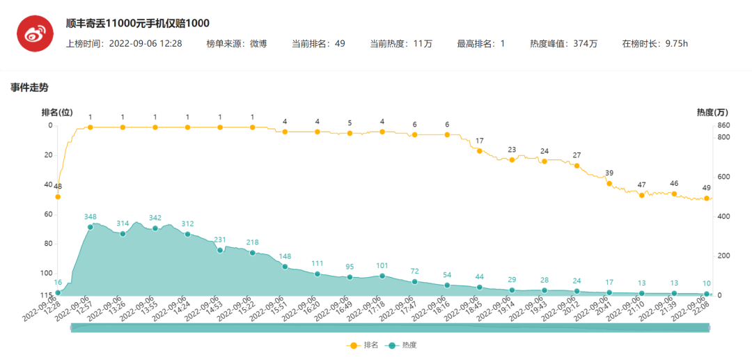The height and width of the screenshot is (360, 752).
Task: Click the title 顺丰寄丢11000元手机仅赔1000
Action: (138, 23)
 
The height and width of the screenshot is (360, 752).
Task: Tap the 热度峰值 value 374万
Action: (585, 43)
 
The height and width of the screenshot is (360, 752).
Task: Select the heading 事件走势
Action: (29, 88)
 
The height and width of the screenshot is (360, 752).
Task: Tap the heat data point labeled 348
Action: (90, 227)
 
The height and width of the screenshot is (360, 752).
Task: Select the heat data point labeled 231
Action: (220, 250)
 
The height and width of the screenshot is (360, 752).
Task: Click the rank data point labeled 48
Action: (58, 196)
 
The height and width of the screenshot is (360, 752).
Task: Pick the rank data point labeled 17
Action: (480, 150)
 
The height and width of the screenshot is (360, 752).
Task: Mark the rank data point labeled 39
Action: (609, 183)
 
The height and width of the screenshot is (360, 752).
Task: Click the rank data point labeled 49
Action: (707, 198)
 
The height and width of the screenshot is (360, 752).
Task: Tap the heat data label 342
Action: (155, 218)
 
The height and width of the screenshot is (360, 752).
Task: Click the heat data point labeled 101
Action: (382, 276)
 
